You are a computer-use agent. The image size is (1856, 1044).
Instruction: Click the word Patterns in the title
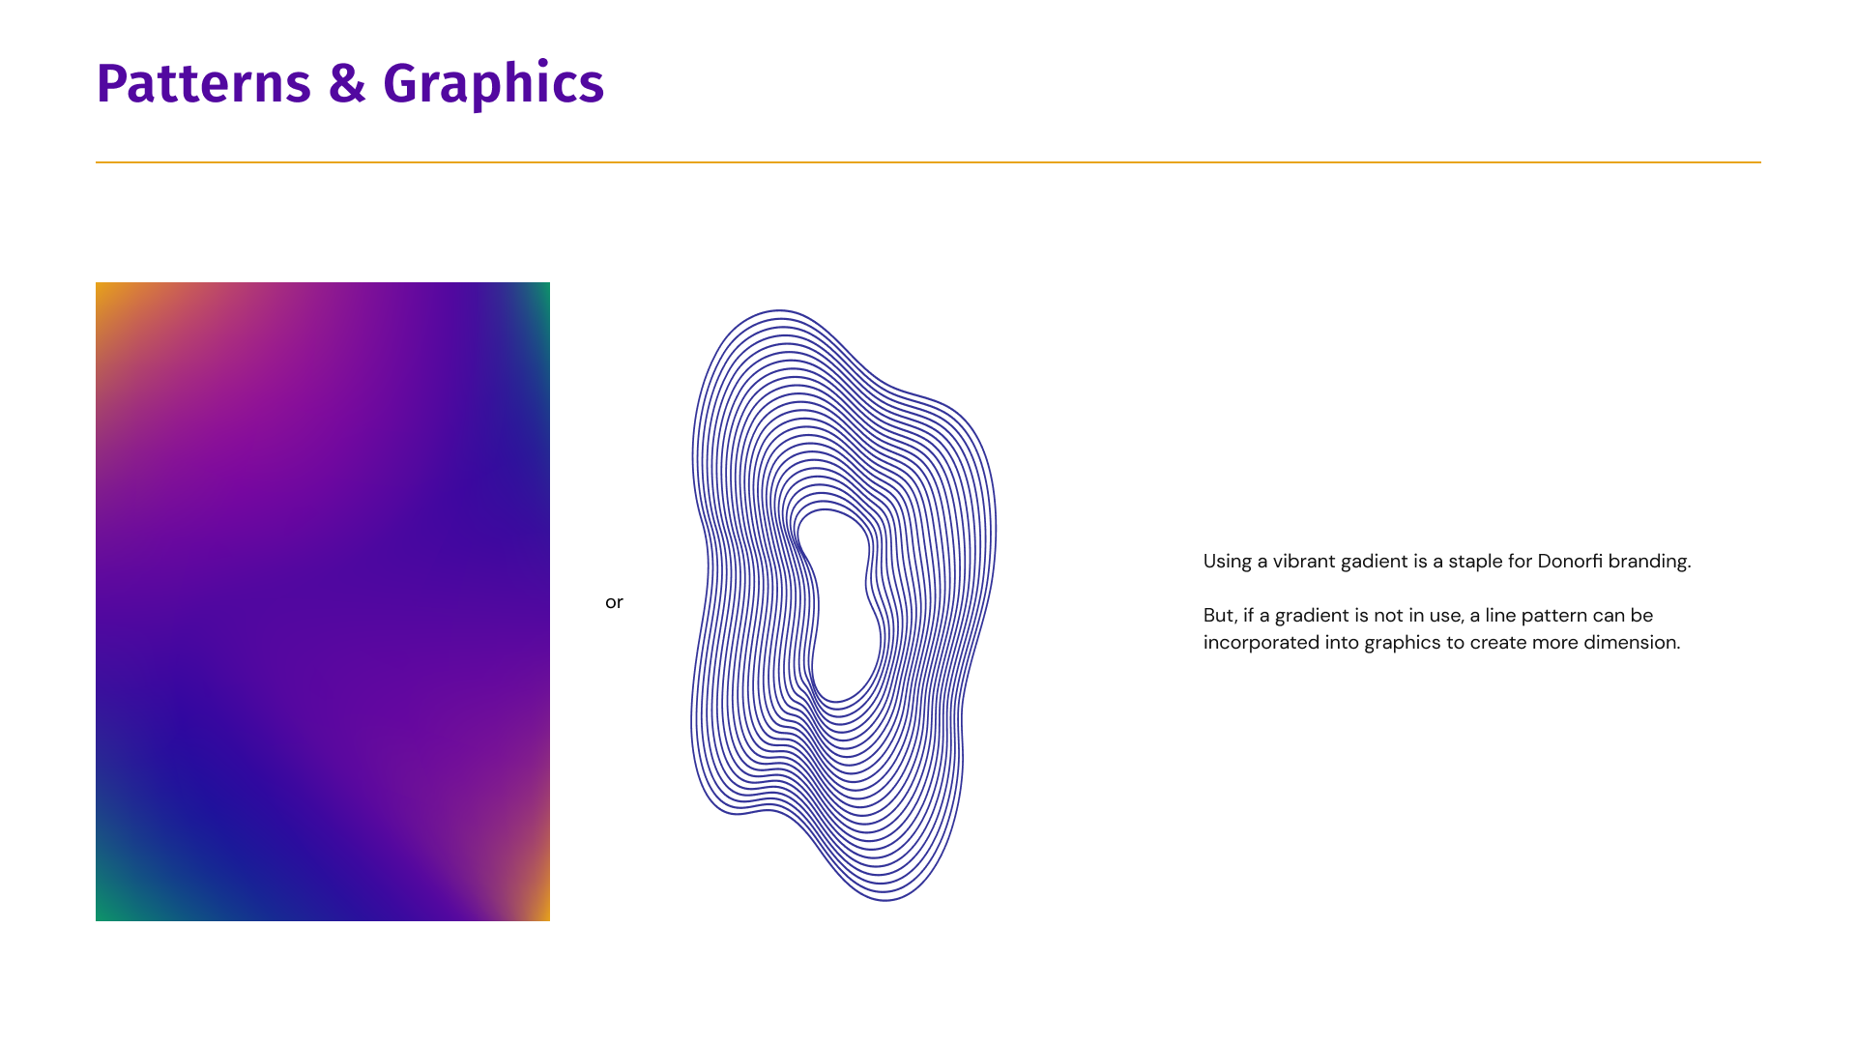204,83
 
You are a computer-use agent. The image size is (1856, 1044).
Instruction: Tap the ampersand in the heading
347,83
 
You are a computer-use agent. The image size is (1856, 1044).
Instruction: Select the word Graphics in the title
494,85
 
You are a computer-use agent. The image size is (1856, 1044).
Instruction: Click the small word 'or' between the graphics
614,602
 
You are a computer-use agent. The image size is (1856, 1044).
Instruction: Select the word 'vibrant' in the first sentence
1303,561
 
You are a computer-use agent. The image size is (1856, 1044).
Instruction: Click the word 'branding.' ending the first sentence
1650,562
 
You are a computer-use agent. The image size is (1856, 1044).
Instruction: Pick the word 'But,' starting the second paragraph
1220,616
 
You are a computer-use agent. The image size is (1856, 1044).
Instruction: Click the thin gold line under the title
928,162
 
